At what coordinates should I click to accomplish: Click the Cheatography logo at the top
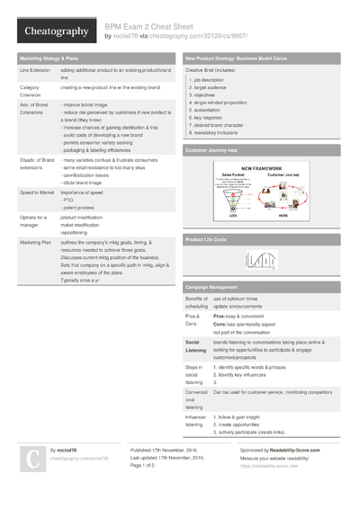[55, 31]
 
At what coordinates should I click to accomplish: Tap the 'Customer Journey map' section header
[212, 150]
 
